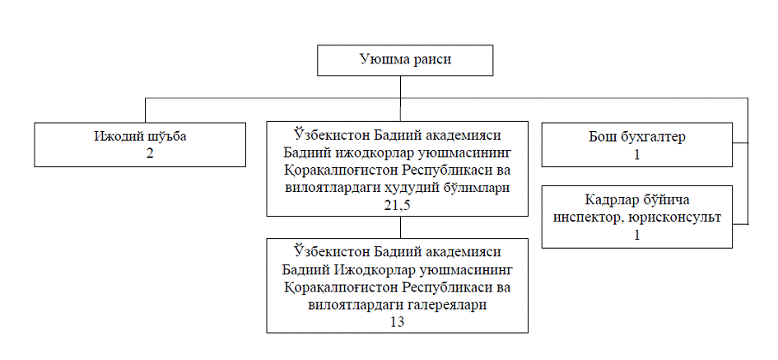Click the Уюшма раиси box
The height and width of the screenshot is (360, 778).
[x=406, y=60]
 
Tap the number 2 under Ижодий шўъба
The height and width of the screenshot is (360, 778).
[x=139, y=152]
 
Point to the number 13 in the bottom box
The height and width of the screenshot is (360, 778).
[x=397, y=322]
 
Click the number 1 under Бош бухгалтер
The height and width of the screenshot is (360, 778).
[x=636, y=153]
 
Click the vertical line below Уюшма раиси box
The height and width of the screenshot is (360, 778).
[x=398, y=87]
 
